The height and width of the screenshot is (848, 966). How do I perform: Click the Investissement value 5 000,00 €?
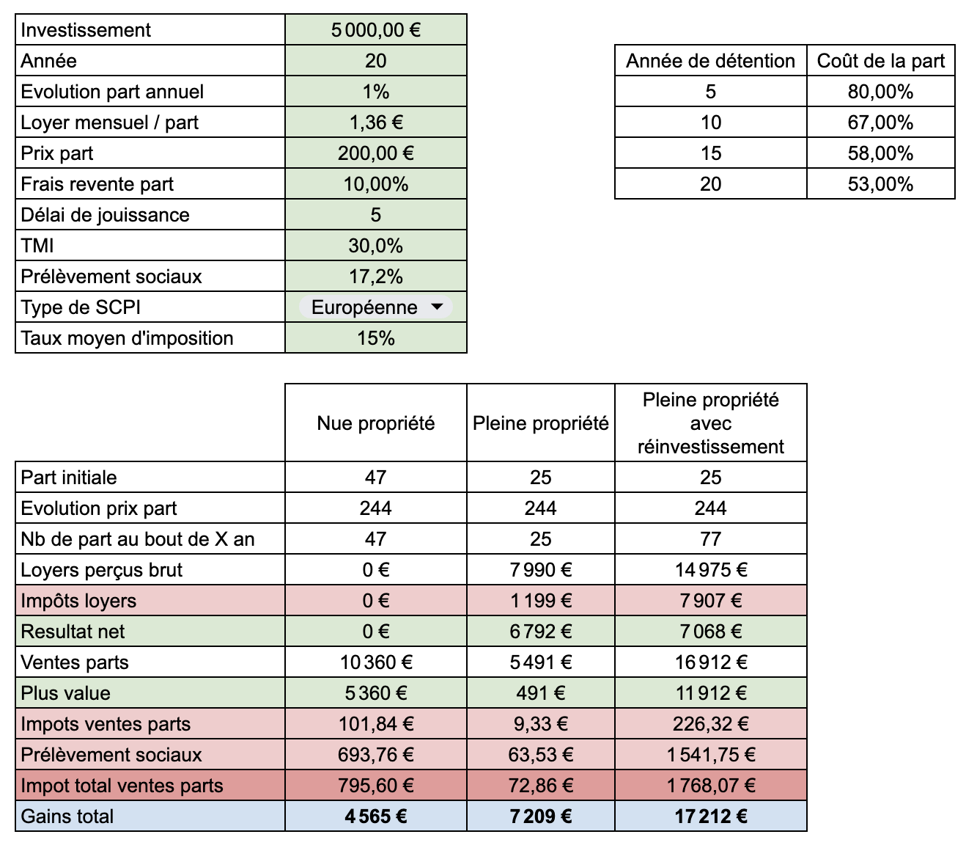(x=376, y=30)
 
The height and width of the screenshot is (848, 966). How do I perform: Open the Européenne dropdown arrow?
(x=437, y=307)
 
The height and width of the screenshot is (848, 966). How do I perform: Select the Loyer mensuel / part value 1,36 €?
(x=376, y=123)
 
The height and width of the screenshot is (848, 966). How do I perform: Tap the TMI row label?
(x=37, y=246)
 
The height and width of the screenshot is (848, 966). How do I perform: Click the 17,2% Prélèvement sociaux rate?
(x=376, y=277)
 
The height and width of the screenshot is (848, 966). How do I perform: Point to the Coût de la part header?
(x=881, y=61)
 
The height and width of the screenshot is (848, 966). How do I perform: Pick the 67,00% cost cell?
(x=881, y=123)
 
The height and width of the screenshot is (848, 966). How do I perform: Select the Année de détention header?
(x=710, y=61)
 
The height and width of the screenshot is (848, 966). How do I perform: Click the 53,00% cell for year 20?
(x=881, y=184)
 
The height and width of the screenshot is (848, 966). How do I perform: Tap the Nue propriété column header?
(x=376, y=423)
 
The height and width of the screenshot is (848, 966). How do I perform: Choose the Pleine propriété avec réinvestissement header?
(x=710, y=423)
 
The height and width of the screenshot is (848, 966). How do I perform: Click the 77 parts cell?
(x=710, y=539)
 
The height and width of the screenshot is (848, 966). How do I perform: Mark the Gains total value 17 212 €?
(x=710, y=816)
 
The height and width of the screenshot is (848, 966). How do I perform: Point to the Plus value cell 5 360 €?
(x=376, y=693)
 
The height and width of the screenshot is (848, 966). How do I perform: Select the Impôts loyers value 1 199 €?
(x=541, y=601)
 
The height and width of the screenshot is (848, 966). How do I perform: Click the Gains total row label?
(x=67, y=816)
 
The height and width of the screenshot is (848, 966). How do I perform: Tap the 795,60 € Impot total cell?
(x=376, y=786)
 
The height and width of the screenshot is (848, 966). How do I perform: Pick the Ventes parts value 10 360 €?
(x=376, y=662)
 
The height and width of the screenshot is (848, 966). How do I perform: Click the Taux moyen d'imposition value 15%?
(x=376, y=338)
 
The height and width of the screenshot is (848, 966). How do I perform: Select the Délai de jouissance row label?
(x=105, y=215)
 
